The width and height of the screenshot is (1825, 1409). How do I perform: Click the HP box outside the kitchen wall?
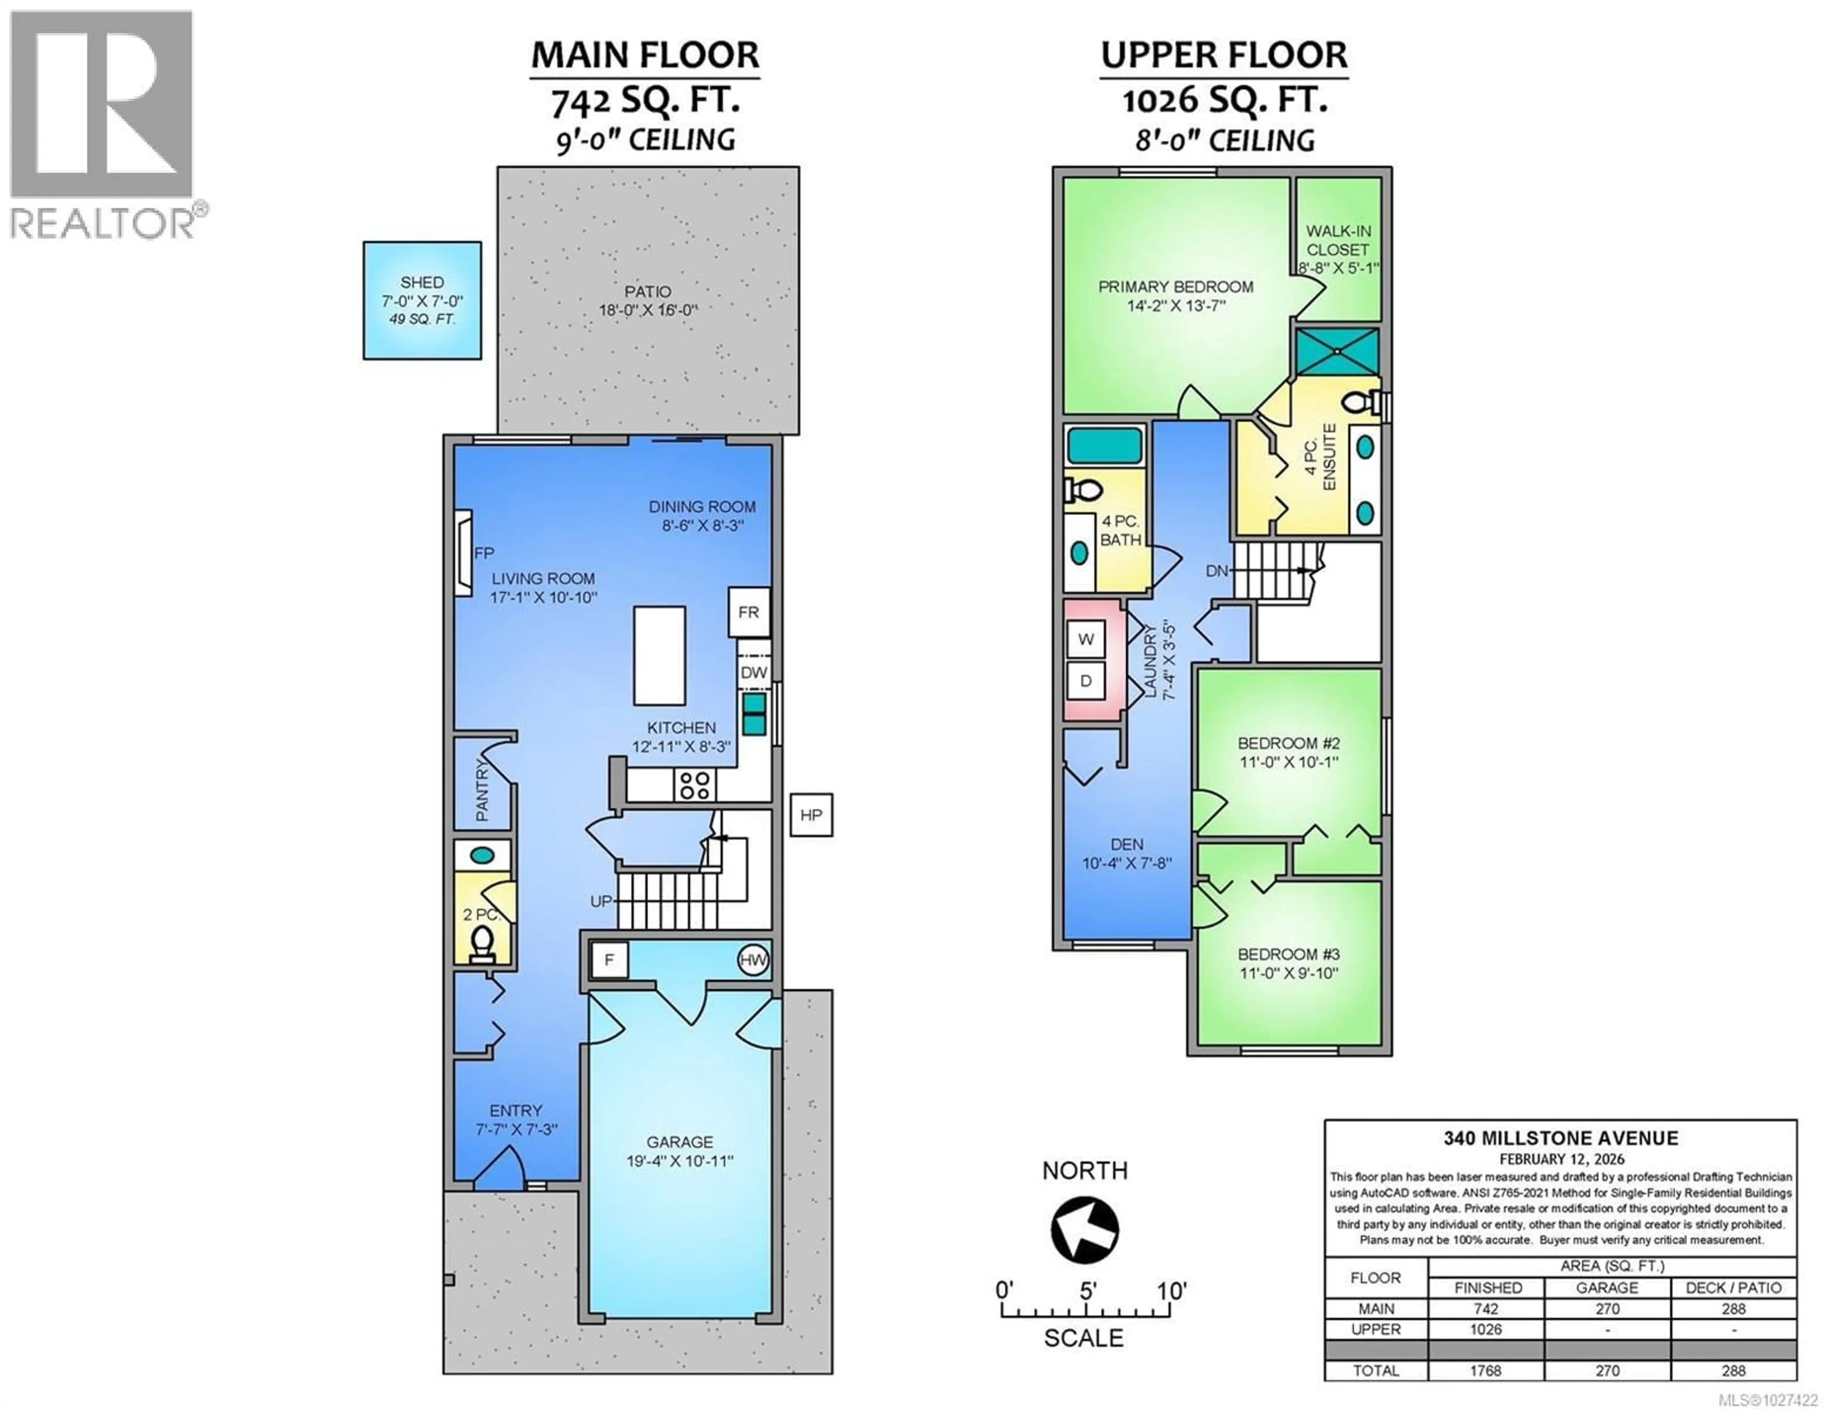(x=810, y=815)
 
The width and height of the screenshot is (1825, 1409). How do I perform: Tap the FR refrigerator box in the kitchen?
(x=748, y=612)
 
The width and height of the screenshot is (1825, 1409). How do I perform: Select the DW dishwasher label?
(x=753, y=672)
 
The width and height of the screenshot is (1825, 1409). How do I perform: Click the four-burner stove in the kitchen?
(x=694, y=785)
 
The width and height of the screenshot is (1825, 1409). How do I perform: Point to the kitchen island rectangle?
(x=659, y=656)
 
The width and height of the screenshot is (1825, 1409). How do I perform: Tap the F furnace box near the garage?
(x=609, y=960)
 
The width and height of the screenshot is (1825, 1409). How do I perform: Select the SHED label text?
(x=422, y=282)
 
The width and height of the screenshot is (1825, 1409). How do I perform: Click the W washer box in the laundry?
(x=1085, y=640)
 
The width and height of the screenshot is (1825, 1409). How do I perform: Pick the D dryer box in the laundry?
(x=1085, y=681)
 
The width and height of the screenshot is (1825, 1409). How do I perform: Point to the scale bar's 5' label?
(x=1086, y=1290)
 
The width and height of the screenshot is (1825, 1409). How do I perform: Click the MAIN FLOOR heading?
(x=645, y=55)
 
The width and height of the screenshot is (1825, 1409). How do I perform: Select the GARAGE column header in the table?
(x=1607, y=1288)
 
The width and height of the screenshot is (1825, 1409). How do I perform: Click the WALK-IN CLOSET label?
(x=1338, y=241)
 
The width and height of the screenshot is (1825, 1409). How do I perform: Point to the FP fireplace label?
(x=485, y=553)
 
